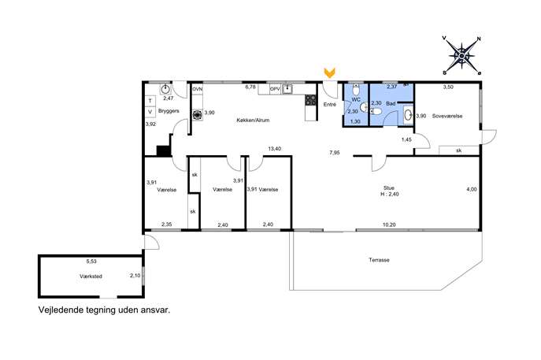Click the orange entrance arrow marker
(x=329, y=72)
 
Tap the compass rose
(x=461, y=55)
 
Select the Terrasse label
(x=379, y=260)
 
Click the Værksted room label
(x=91, y=276)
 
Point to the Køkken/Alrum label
(x=253, y=120)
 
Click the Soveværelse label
(x=447, y=116)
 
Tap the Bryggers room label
(x=169, y=111)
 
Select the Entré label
(x=329, y=104)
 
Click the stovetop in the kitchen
(x=310, y=100)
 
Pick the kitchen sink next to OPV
(x=287, y=89)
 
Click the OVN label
(x=198, y=89)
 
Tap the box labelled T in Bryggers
(x=150, y=101)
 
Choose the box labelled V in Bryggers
(x=150, y=112)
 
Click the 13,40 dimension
(x=275, y=148)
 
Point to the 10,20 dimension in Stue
(x=389, y=225)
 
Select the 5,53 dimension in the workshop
(x=91, y=262)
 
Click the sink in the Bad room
(x=408, y=115)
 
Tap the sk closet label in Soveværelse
(x=458, y=150)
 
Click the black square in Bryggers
(x=164, y=150)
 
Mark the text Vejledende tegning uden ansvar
(x=104, y=310)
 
